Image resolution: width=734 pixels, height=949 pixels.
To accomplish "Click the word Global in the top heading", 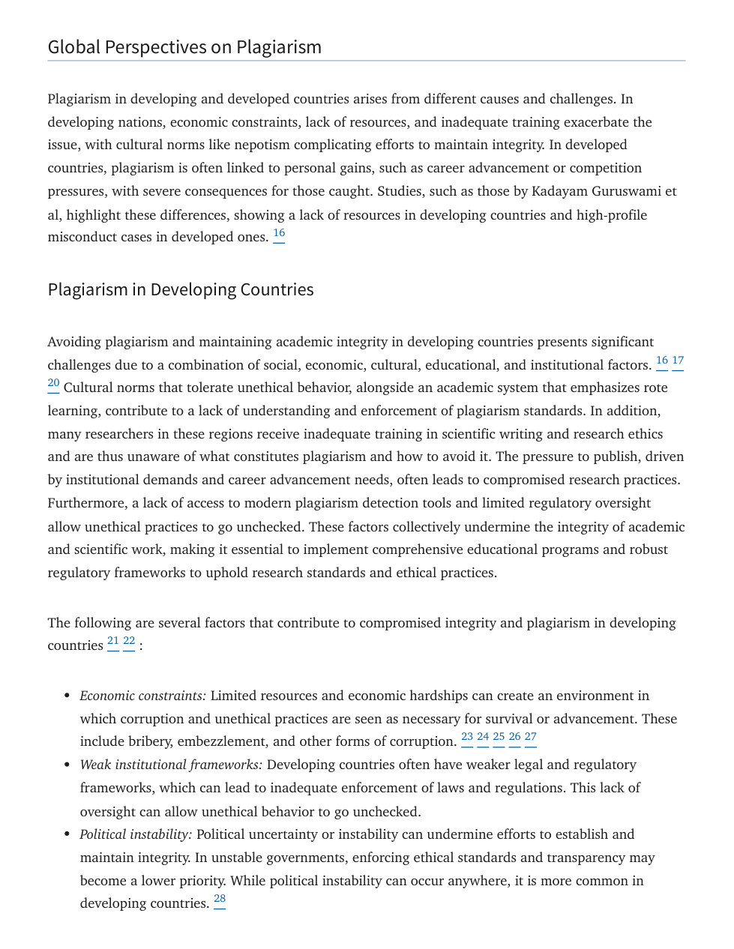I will coord(73,47).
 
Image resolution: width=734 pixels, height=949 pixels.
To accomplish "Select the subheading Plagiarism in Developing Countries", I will coord(181,290).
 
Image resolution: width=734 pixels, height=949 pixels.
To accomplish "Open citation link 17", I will coord(678,361).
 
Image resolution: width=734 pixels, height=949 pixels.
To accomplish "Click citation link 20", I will coord(53,384).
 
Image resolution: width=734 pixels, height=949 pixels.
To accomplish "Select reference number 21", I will coord(113,642).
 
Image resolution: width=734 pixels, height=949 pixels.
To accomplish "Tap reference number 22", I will coord(129,642).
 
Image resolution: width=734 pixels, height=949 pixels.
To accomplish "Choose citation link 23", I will coord(467,738).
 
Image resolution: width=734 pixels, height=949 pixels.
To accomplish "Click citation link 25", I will coord(499,738).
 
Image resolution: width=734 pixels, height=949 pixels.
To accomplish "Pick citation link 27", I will coord(531,738).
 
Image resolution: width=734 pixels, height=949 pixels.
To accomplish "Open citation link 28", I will coord(220,900).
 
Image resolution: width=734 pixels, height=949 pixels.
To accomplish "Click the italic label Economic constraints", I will coord(142,696).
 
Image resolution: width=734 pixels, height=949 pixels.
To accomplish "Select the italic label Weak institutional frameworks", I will coord(171,765).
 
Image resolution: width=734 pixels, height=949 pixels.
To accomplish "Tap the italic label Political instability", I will coord(136,834).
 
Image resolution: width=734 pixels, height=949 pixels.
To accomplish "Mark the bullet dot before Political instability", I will coord(67,835).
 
